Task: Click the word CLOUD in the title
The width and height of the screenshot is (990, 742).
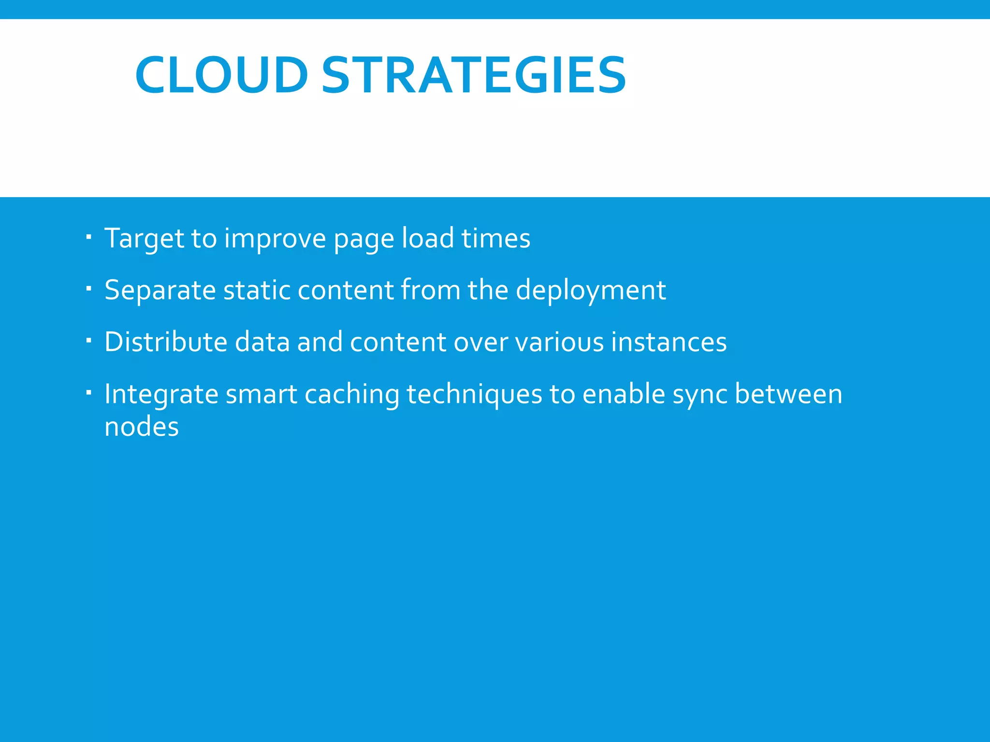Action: coord(221,75)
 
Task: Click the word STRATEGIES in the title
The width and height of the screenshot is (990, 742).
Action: coord(474,75)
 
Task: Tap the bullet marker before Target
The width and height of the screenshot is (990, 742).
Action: coord(88,237)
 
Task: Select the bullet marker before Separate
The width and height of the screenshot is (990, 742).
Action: coord(88,289)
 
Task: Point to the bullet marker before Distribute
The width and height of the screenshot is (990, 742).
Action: coord(88,341)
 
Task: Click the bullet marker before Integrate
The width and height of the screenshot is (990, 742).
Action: coord(88,393)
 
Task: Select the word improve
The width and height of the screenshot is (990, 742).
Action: coord(275,239)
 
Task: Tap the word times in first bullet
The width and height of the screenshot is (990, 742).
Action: coord(495,238)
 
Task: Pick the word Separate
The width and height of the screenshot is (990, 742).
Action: coord(160,291)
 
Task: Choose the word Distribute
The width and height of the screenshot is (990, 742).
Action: coord(165,342)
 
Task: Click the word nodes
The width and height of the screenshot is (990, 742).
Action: coord(142,428)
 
